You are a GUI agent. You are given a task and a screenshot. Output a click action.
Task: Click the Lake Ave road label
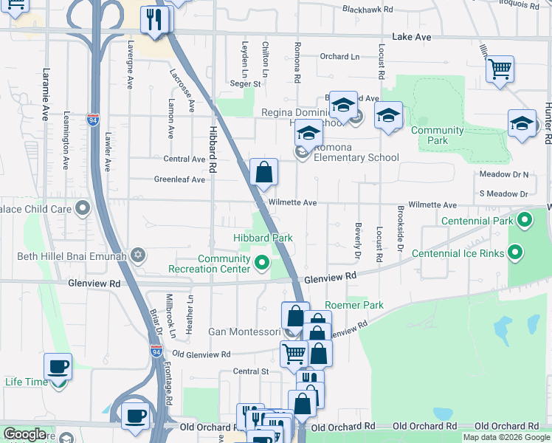pyautogui.click(x=412, y=36)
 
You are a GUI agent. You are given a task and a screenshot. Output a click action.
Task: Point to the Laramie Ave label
pyautogui.click(x=46, y=95)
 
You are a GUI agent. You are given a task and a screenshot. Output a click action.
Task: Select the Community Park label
pyautogui.click(x=438, y=135)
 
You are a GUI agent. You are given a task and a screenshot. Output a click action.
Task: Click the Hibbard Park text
pyautogui.click(x=263, y=238)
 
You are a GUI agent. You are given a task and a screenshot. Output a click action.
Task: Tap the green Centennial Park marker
pyautogui.click(x=525, y=220)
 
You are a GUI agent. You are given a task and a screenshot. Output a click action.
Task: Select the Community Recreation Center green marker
pyautogui.click(x=261, y=262)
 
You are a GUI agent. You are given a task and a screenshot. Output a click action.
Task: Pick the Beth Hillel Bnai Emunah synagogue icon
pyautogui.click(x=137, y=255)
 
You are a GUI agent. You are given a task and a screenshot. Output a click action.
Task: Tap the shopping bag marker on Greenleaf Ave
pyautogui.click(x=263, y=173)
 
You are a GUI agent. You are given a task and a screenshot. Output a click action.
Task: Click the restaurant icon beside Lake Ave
pyautogui.click(x=154, y=18)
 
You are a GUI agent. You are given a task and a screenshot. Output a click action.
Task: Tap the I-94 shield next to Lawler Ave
pyautogui.click(x=92, y=119)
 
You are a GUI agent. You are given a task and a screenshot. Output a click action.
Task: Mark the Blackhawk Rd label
pyautogui.click(x=368, y=10)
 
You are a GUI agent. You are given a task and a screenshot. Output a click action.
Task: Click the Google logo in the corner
pyautogui.click(x=24, y=434)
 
